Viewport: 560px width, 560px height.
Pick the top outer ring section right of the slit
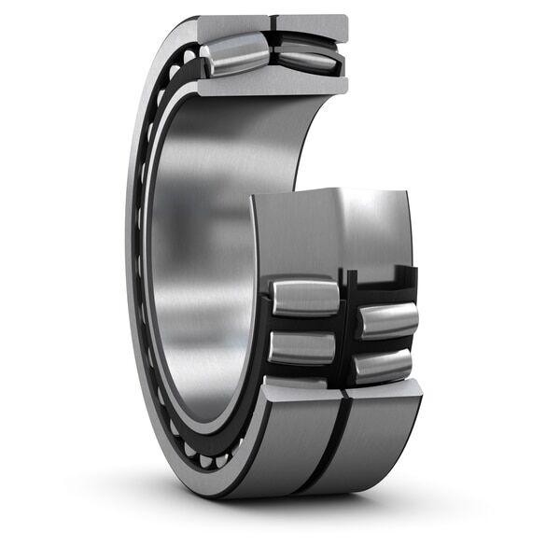pos(312,23)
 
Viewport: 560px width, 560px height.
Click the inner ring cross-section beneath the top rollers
pos(271,86)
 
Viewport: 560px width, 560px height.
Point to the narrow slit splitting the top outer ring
pos(273,23)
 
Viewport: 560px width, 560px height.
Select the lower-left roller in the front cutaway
pos(301,347)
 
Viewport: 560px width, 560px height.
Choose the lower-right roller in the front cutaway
pos(383,366)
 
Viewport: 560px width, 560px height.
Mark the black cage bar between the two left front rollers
pos(303,323)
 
